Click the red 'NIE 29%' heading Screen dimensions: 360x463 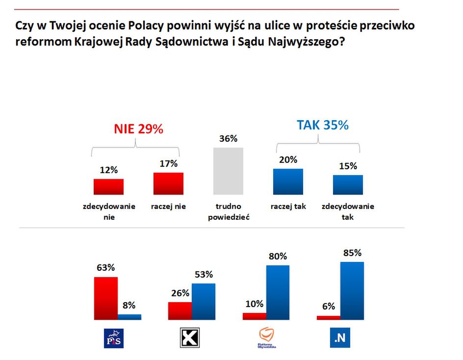click(138, 129)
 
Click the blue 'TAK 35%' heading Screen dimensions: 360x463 click(322, 125)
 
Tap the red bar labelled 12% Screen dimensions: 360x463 click(108, 187)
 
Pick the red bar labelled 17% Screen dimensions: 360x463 click(168, 183)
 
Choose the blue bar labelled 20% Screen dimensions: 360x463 click(288, 182)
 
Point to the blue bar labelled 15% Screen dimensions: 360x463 click(348, 185)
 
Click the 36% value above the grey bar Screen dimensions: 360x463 click(228, 139)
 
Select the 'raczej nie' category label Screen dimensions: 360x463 click(168, 206)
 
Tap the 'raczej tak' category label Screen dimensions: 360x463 click(288, 206)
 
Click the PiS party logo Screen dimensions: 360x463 click(114, 338)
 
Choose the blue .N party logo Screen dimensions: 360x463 click(339, 338)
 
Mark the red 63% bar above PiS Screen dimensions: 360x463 click(105, 298)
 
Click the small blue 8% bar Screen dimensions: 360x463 click(129, 317)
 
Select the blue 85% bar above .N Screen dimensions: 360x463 click(352, 291)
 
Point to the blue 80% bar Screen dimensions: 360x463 click(278, 292)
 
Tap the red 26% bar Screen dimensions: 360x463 click(180, 311)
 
